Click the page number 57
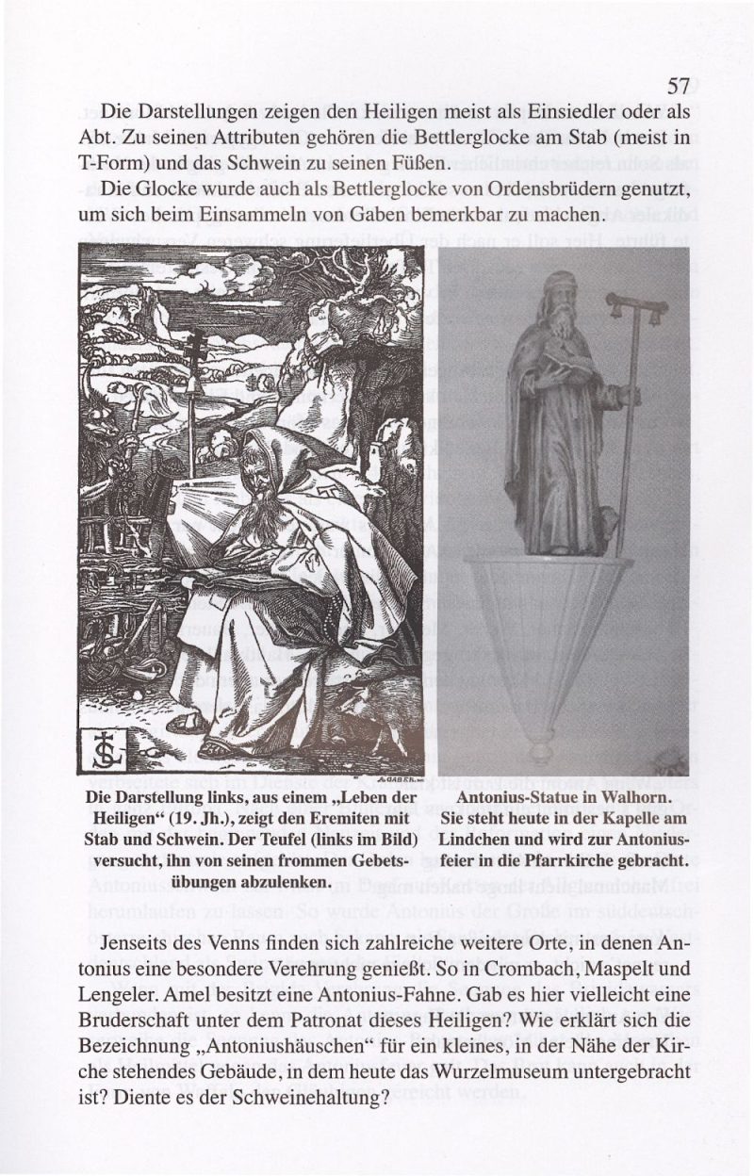(x=680, y=88)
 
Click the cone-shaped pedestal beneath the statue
(x=548, y=641)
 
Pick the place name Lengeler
(x=116, y=993)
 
